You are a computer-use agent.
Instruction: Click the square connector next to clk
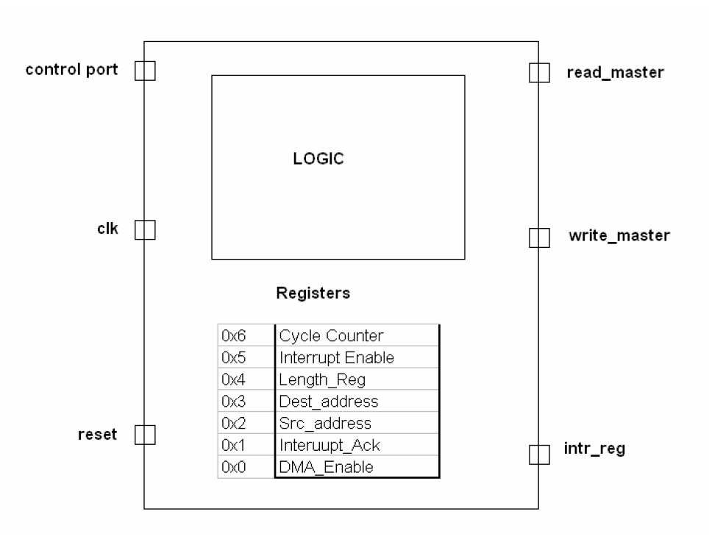pyautogui.click(x=145, y=231)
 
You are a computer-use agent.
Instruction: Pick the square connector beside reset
pyautogui.click(x=145, y=435)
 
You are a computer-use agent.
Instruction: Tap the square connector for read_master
pyautogui.click(x=539, y=72)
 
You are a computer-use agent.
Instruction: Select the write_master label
pyautogui.click(x=619, y=236)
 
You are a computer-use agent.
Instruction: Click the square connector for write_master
pyautogui.click(x=539, y=238)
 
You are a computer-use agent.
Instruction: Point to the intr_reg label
pyautogui.click(x=595, y=448)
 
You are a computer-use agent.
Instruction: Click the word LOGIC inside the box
pyautogui.click(x=318, y=160)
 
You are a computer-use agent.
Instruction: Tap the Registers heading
pyautogui.click(x=313, y=293)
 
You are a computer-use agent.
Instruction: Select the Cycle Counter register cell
pyautogui.click(x=357, y=336)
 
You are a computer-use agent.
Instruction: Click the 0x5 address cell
pyautogui.click(x=246, y=358)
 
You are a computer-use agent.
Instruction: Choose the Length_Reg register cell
pyautogui.click(x=357, y=380)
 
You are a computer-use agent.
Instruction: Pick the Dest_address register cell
pyautogui.click(x=357, y=402)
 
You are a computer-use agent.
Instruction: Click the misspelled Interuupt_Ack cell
pyautogui.click(x=357, y=446)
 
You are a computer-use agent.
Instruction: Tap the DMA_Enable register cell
pyautogui.click(x=357, y=468)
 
